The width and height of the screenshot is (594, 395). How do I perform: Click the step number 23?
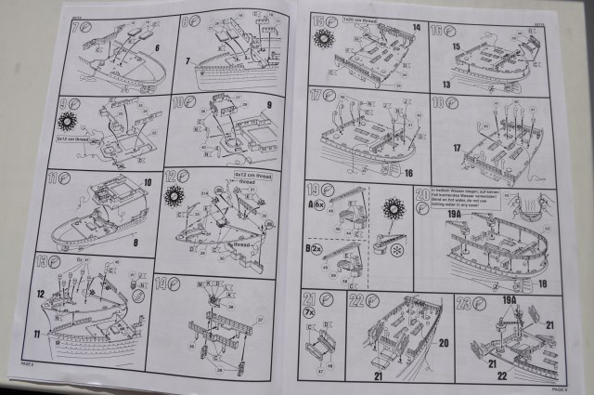click(462, 300)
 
